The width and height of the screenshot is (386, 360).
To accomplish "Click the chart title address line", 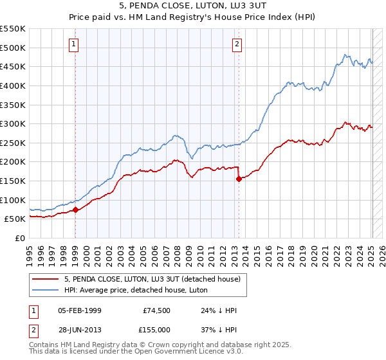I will click(193, 6).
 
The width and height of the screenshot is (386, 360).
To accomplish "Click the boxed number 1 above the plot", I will click(74, 44).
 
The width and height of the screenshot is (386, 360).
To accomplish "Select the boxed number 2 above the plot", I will click(237, 44).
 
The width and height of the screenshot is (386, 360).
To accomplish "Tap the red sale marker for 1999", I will click(75, 209).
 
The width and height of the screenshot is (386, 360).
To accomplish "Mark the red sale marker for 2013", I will click(239, 179).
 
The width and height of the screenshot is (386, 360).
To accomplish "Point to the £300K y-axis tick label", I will click(13, 123).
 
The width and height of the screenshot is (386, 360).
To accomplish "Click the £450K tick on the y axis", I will click(13, 66).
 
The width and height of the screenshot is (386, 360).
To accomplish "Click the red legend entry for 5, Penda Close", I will click(152, 279).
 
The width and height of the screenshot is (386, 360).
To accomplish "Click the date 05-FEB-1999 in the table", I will click(80, 310).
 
